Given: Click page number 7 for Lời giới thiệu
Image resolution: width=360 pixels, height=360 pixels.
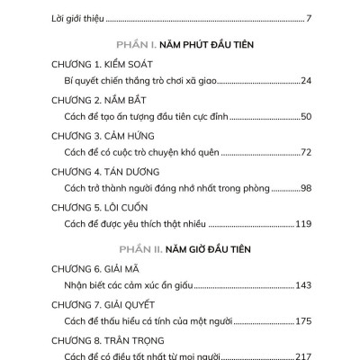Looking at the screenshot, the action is click(x=308, y=18).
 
